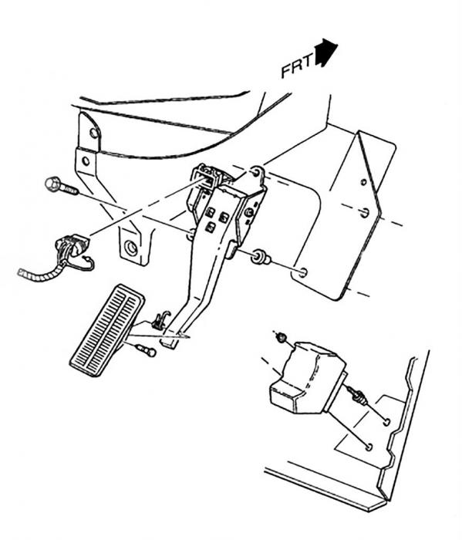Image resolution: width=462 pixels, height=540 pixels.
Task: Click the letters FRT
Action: coord(298,65)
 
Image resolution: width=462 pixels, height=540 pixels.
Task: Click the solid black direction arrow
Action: coord(325,52)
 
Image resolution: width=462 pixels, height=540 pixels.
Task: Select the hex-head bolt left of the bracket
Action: coord(61,186)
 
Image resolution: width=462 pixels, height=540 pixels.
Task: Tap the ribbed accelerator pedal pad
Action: coord(106,329)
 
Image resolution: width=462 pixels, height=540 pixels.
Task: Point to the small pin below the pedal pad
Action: coord(147,350)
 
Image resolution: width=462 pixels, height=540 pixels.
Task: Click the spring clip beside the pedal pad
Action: coord(161,320)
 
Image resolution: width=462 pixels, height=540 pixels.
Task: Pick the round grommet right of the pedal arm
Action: coord(261,258)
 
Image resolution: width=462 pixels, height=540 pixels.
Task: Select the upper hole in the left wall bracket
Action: coord(93,132)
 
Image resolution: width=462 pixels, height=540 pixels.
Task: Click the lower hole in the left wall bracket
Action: coord(86,160)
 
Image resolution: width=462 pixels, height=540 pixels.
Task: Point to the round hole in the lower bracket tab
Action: coord(131,248)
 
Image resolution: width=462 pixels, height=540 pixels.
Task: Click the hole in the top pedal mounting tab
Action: coord(255,171)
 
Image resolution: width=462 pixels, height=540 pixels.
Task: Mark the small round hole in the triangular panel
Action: coord(363,182)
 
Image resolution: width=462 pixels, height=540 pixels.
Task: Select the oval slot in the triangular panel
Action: coord(365,212)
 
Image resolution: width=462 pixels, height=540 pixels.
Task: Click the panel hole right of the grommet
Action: coord(303,272)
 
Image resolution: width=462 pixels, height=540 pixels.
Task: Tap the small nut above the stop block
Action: coord(282,337)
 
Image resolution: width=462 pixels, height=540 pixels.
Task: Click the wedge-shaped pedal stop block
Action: coord(306,377)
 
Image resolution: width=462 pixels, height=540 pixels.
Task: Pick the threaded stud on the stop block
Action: coord(357,396)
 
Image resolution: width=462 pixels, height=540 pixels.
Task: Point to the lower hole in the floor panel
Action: coord(369,447)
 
